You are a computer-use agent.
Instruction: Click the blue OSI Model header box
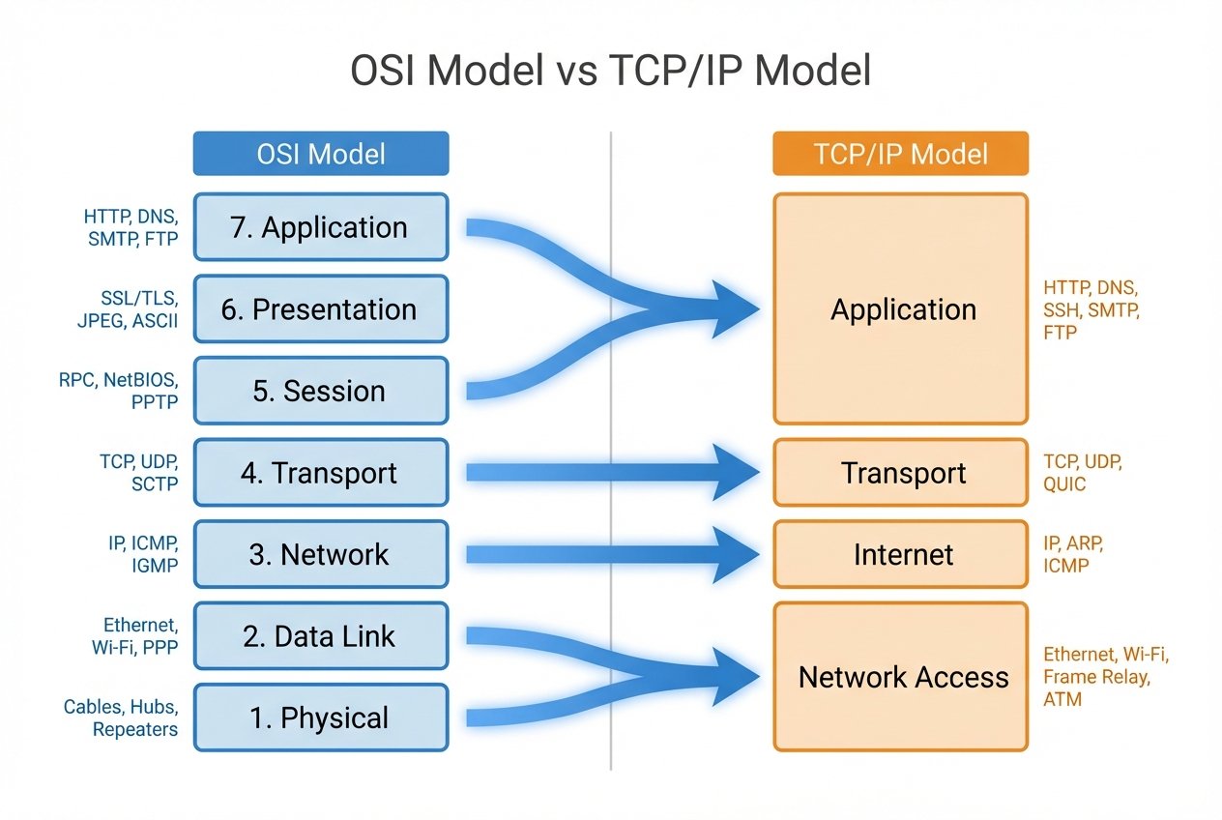[x=321, y=154]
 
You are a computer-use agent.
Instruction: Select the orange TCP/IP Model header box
[x=900, y=154]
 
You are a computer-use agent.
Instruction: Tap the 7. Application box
[x=321, y=227]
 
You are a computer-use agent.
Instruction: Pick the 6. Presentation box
[x=321, y=309]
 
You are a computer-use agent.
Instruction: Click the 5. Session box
[x=321, y=391]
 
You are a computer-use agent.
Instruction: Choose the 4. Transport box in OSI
[x=321, y=473]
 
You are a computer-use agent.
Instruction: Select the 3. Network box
[x=321, y=555]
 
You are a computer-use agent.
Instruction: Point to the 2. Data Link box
[x=321, y=636]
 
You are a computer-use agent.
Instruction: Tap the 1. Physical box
[x=321, y=718]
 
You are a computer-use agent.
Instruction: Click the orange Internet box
[x=900, y=555]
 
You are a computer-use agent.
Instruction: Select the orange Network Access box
[x=900, y=677]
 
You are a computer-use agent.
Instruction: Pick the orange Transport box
[x=900, y=473]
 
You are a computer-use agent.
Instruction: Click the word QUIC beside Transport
[x=1065, y=483]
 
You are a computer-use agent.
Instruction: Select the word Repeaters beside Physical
[x=135, y=729]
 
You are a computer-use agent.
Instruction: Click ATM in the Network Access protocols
[x=1062, y=698]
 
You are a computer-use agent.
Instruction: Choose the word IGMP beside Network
[x=154, y=566]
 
